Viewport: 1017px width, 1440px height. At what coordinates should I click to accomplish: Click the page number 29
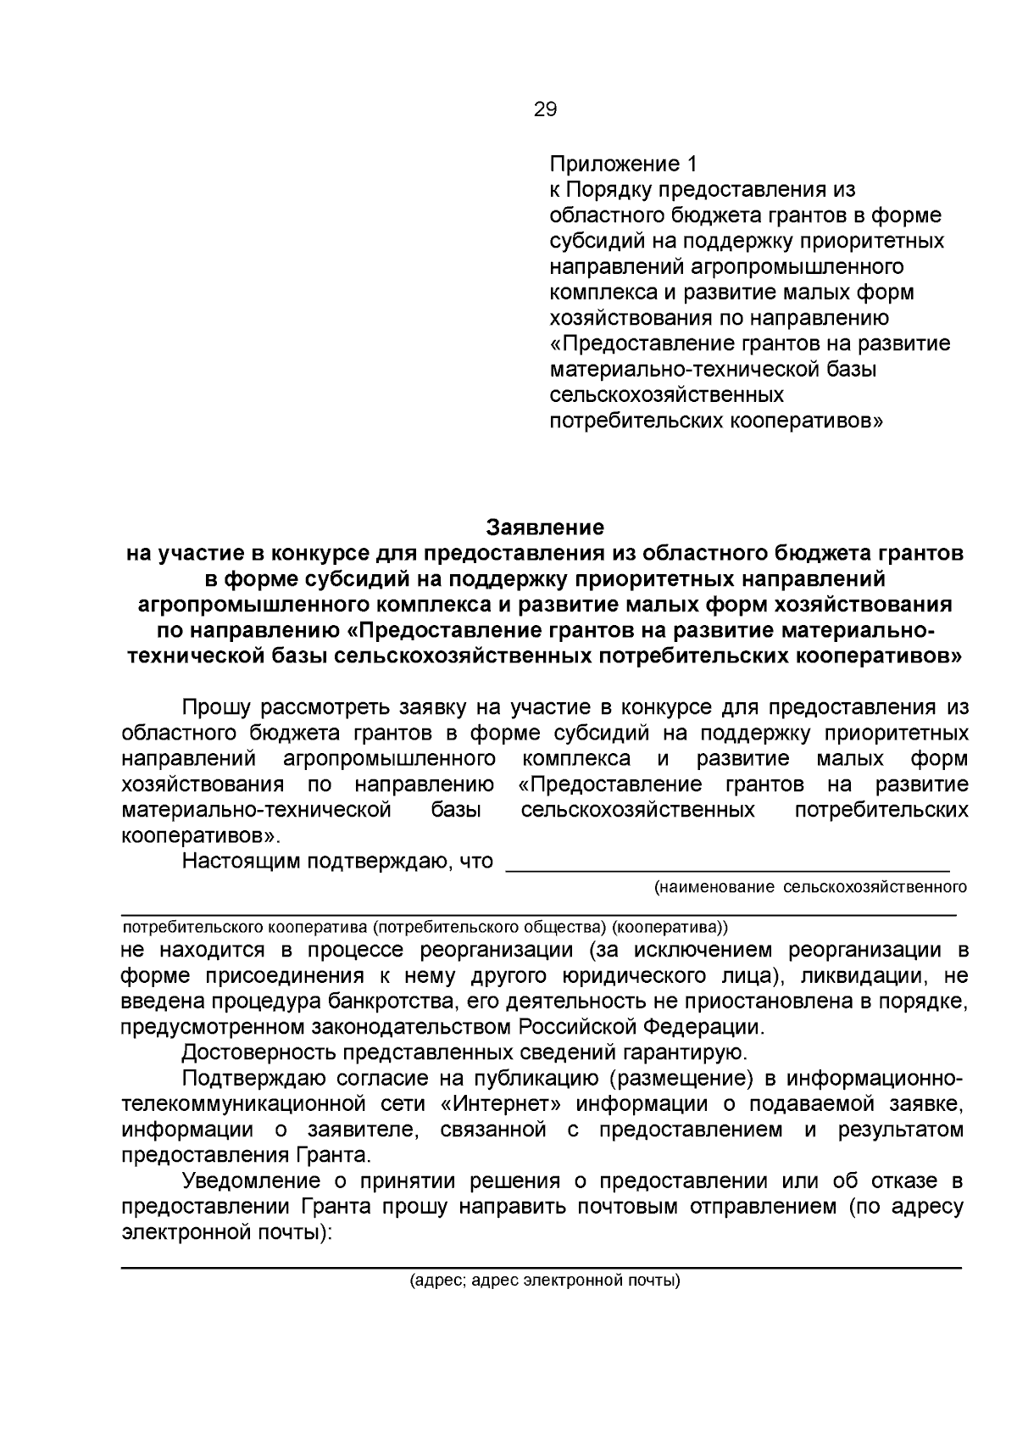[x=545, y=109]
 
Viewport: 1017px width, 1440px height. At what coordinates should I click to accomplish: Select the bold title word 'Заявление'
[x=545, y=527]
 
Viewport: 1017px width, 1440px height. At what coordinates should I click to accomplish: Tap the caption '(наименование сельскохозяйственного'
[x=810, y=887]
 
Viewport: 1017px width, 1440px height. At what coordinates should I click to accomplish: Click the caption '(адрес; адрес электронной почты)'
[x=545, y=1281]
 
